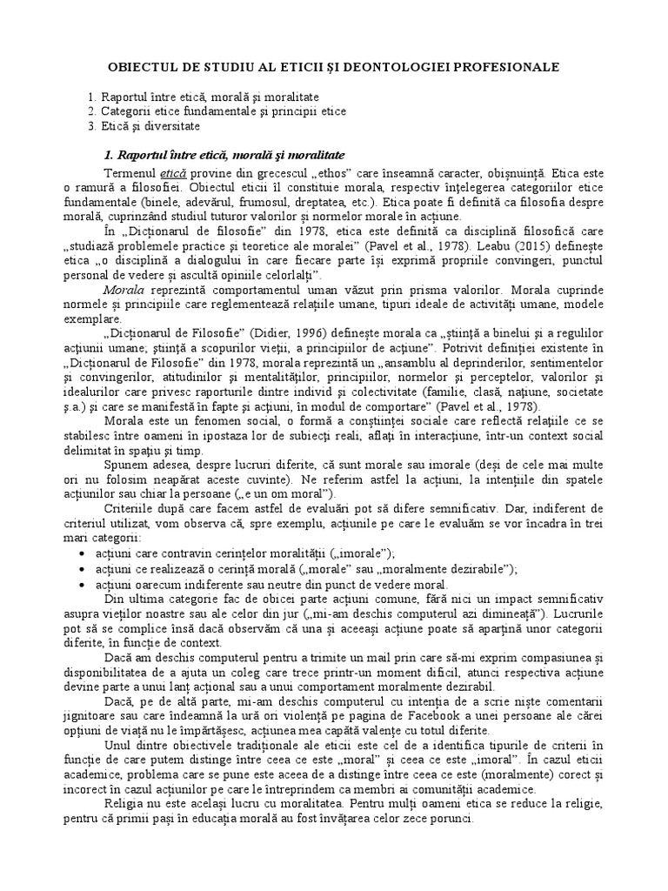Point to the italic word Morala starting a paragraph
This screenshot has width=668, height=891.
pyautogui.click(x=123, y=286)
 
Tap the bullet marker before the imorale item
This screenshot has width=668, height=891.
pyautogui.click(x=82, y=553)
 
